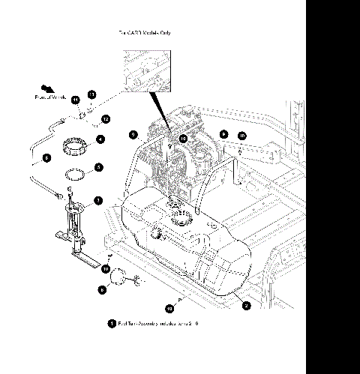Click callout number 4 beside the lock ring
pos(100,139)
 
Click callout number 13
pos(91,94)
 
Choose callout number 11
pos(75,100)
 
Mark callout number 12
pos(105,118)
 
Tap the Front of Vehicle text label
pos(51,97)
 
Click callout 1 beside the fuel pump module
pos(97,201)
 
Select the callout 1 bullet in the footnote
pos(111,324)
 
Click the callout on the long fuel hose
pos(46,158)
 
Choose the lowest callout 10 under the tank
pos(169,307)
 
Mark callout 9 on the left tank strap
pos(133,134)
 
